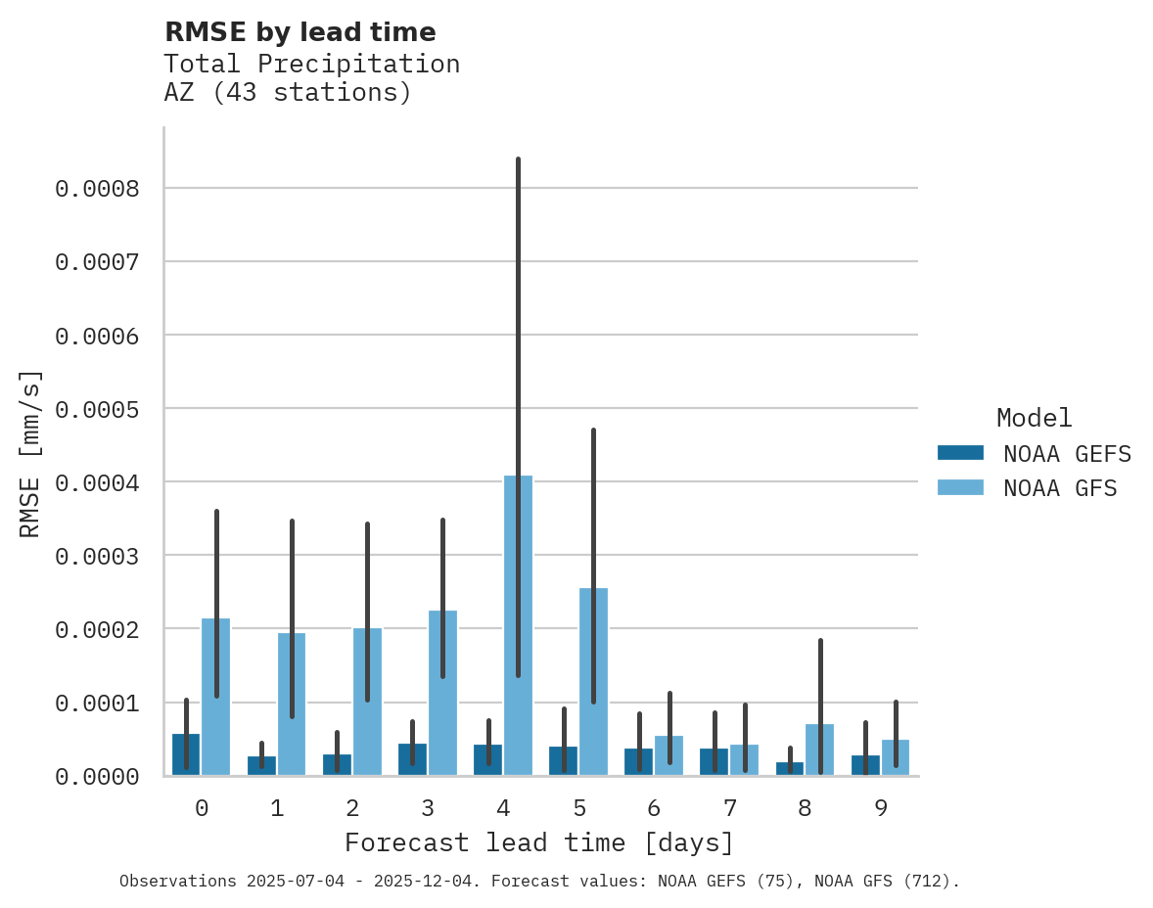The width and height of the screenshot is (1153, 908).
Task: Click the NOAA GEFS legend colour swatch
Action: point(959,453)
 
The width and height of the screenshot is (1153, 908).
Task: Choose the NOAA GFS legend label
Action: point(1060,487)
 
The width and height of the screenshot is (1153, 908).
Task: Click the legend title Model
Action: point(1034,418)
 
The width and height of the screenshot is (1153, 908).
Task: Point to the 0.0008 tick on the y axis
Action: point(97,188)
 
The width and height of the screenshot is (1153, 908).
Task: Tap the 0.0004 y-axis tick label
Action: point(97,482)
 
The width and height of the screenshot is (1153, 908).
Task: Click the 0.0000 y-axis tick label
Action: point(97,777)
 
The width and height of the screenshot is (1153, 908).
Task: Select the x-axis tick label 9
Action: point(880,808)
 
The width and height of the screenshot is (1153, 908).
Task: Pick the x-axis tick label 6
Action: point(654,808)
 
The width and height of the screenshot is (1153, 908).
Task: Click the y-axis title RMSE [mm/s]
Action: point(31,454)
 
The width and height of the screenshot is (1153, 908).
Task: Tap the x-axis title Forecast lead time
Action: point(538,842)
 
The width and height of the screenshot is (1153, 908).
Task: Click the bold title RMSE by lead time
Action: point(300,32)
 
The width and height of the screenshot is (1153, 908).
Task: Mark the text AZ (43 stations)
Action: point(287,93)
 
